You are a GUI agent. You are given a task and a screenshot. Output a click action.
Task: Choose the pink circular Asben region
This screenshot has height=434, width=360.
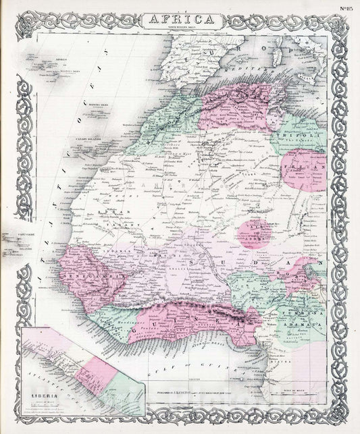coord(256,233)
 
